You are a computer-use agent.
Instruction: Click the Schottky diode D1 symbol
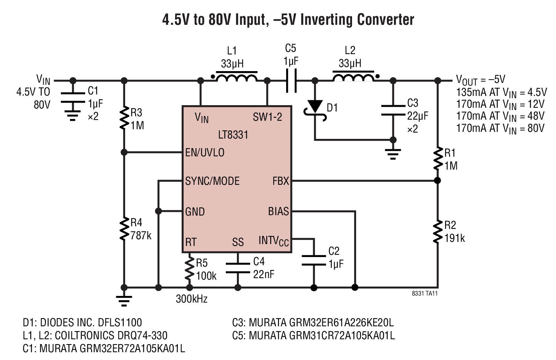click(x=315, y=110)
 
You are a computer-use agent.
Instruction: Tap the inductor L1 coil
click(x=237, y=77)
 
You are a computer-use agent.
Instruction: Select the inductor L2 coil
click(x=354, y=77)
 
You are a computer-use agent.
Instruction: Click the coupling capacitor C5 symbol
click(x=291, y=81)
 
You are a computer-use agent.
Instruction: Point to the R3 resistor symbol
click(x=124, y=118)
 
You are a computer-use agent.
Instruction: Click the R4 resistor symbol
click(x=124, y=229)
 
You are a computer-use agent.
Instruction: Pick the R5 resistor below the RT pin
click(x=190, y=269)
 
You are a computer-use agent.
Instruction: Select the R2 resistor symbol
click(x=438, y=231)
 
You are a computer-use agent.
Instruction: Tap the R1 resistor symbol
click(x=438, y=159)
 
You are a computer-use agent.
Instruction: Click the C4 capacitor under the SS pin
click(x=238, y=268)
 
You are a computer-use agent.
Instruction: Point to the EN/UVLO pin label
click(x=205, y=153)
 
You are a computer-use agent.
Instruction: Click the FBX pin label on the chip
click(x=281, y=181)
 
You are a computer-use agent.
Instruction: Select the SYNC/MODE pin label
click(x=212, y=181)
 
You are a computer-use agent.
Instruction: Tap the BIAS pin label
click(x=278, y=211)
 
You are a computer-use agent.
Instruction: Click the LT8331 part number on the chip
click(x=233, y=135)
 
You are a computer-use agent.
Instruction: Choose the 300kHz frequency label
click(x=192, y=299)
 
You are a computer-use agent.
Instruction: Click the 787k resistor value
click(x=141, y=235)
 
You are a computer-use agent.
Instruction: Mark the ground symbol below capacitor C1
click(x=73, y=116)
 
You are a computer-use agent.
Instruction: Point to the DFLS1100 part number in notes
click(x=120, y=323)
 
